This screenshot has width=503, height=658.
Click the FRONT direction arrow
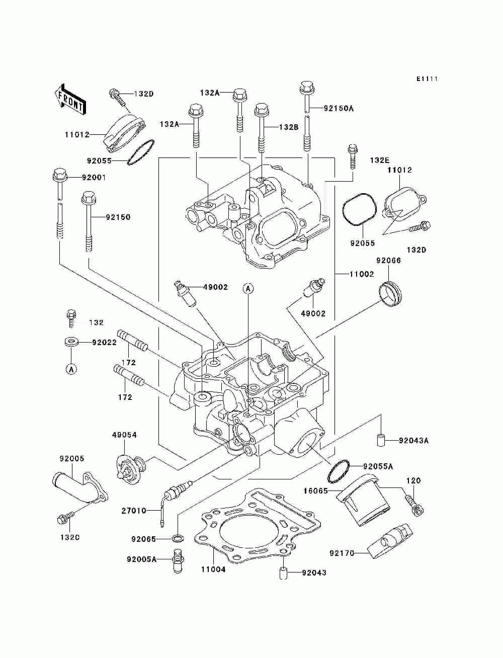tap(70, 99)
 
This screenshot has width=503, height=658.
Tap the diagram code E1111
tap(427, 79)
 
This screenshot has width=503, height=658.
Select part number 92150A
tap(339, 108)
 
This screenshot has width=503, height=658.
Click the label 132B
tap(288, 127)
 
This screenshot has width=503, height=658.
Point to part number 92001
tap(94, 178)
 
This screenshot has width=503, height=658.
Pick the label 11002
tap(362, 274)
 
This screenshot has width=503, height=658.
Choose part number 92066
tap(388, 261)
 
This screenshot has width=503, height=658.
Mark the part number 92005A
tap(141, 559)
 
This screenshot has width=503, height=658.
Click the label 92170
tap(342, 553)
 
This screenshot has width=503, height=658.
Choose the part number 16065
tap(315, 491)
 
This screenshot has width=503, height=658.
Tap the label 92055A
tap(378, 466)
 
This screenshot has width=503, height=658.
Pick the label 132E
tap(379, 160)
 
